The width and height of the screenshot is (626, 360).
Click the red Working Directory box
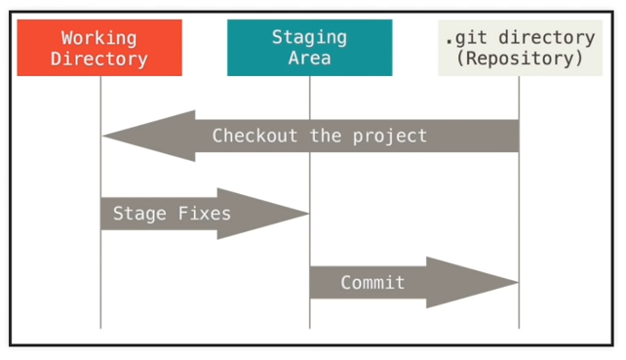[x=99, y=48]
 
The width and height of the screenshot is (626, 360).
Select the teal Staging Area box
[x=309, y=48]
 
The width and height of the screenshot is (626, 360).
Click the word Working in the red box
[x=99, y=38]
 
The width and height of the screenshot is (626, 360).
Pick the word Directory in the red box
[x=99, y=59]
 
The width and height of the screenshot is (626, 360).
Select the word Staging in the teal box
[x=309, y=38]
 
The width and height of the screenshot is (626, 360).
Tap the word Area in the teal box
[x=309, y=59]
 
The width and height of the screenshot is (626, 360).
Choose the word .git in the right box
[x=463, y=38]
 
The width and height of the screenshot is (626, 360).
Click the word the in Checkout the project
[x=327, y=136]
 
